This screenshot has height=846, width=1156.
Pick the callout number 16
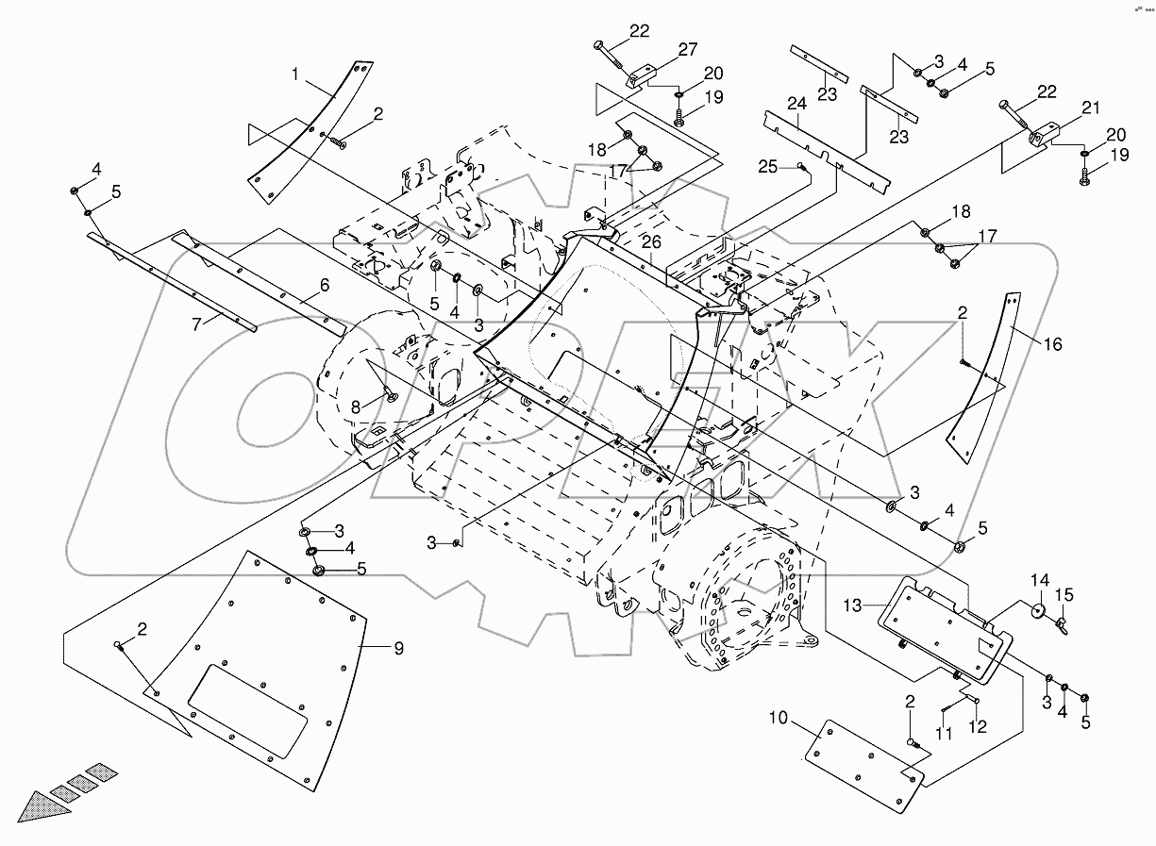[x=1052, y=345]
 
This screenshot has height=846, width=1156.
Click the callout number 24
[x=796, y=103]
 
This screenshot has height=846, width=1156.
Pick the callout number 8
[x=357, y=406]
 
